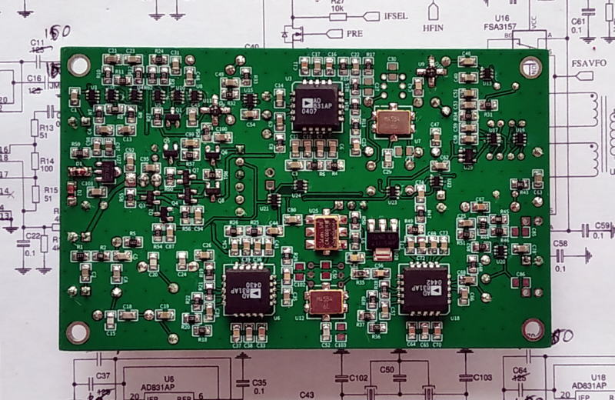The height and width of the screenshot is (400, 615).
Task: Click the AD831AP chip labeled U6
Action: (x=247, y=292)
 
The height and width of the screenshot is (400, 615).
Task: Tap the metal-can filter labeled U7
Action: (x=392, y=123)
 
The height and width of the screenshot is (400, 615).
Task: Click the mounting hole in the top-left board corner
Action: (x=77, y=65)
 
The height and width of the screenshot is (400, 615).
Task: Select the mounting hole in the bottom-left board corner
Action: (x=76, y=332)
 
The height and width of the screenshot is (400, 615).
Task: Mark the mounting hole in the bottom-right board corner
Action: (x=532, y=328)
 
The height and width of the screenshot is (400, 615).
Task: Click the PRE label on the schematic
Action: (x=354, y=33)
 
